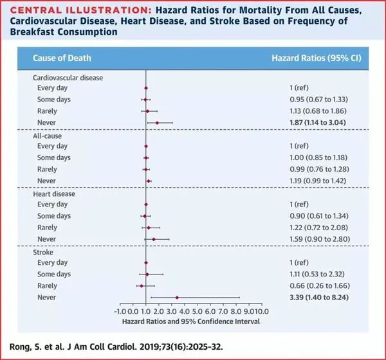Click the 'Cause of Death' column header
62,58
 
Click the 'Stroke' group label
43,251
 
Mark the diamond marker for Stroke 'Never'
177,297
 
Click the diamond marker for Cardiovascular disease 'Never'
157,122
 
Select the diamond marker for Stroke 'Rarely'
142,285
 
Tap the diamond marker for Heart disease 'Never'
154,239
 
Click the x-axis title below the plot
190,320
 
